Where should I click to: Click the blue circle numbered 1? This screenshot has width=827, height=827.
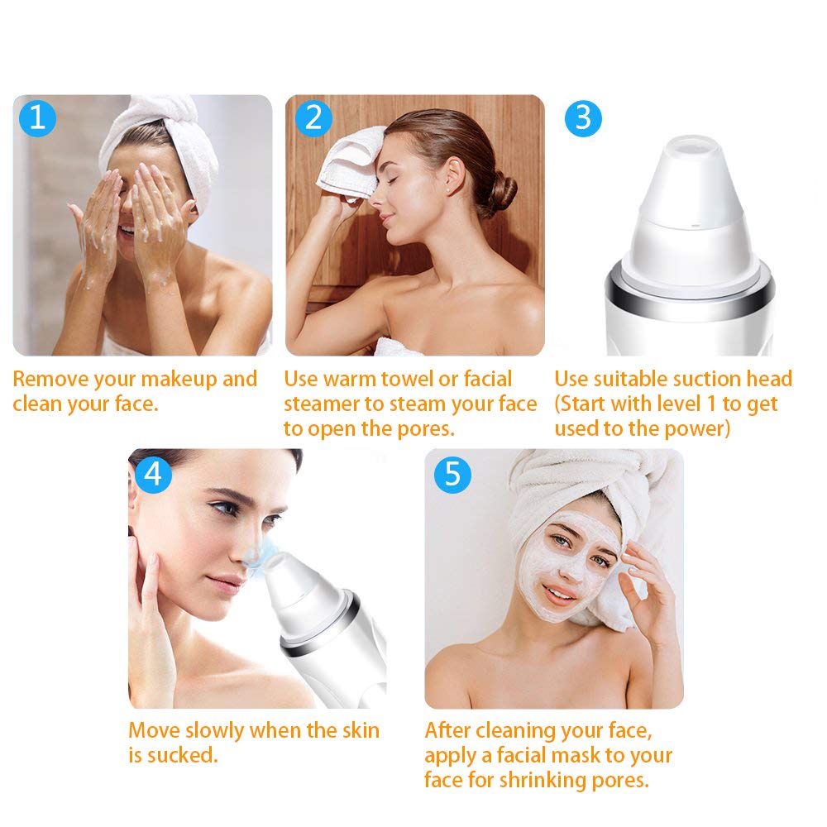point(37,117)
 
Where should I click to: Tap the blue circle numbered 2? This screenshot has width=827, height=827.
point(313,117)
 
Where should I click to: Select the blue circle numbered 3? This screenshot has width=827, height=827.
point(584,117)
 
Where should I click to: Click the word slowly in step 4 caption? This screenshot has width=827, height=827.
point(208,731)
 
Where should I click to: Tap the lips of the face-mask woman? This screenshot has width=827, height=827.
point(561,595)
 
